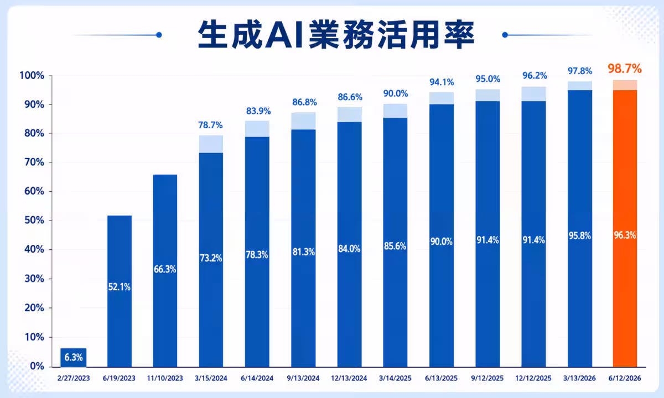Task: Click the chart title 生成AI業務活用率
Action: click(x=336, y=34)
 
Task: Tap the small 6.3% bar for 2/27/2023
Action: click(x=74, y=358)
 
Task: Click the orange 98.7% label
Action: click(x=625, y=69)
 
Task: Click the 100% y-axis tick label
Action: click(x=32, y=76)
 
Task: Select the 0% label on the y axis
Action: click(x=37, y=366)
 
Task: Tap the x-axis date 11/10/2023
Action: click(x=165, y=378)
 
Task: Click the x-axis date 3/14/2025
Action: click(x=395, y=378)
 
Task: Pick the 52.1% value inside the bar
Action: click(x=119, y=287)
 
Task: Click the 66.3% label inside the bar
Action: click(x=165, y=269)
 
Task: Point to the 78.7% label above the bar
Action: click(x=210, y=125)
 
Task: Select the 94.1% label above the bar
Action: click(x=442, y=82)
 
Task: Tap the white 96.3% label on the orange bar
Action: click(x=625, y=235)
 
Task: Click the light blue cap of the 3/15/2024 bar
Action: click(x=211, y=144)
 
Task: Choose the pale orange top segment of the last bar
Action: click(x=625, y=85)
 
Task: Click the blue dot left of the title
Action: click(x=159, y=35)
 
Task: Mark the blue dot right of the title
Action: click(x=505, y=35)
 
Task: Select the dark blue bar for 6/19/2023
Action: click(x=120, y=291)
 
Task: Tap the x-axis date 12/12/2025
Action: click(x=533, y=378)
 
